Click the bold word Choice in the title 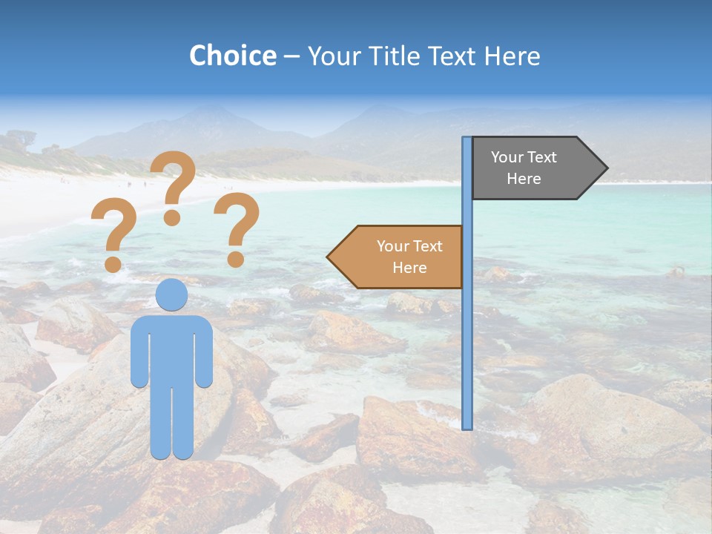(x=232, y=56)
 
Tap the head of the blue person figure (x=171, y=294)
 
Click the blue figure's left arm (x=139, y=352)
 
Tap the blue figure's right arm (x=205, y=352)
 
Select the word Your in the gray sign (x=507, y=157)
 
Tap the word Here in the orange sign (x=409, y=268)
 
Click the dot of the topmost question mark (x=172, y=217)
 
